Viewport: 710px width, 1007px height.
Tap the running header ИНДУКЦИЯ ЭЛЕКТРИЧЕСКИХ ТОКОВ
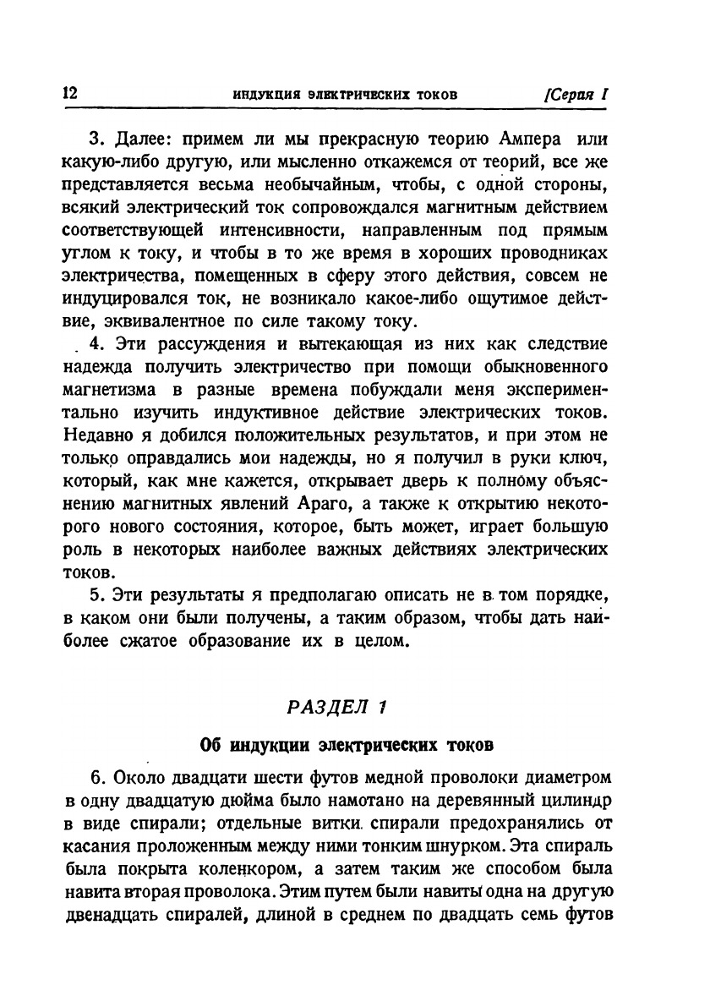click(x=345, y=95)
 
